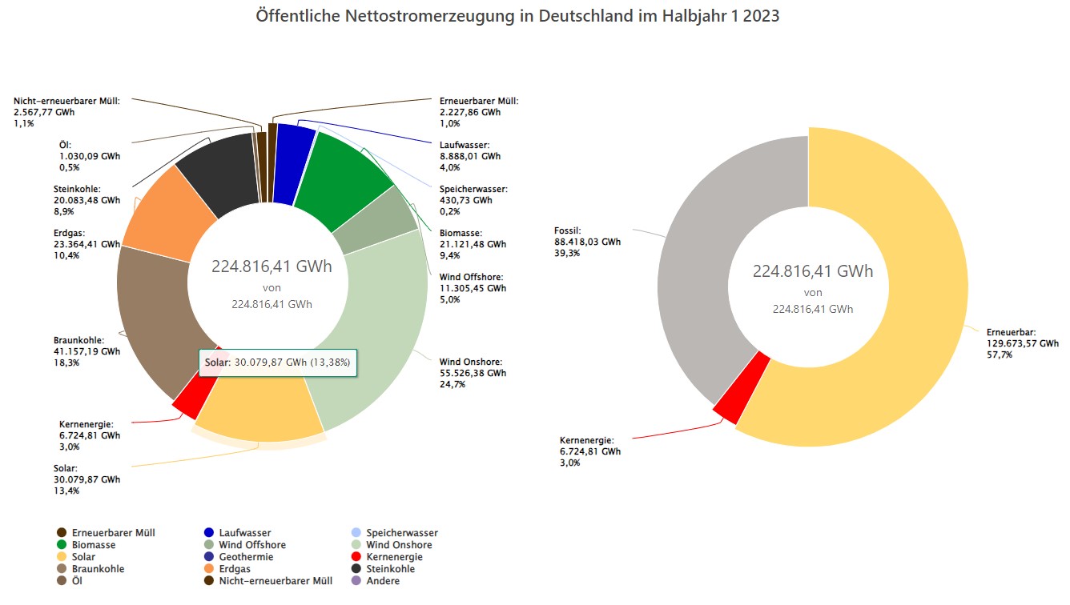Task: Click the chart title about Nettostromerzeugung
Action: [x=517, y=16]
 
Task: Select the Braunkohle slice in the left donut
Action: [x=152, y=320]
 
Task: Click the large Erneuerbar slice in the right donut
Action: [x=905, y=320]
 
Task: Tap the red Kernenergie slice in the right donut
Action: [x=741, y=389]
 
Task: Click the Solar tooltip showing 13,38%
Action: [x=277, y=363]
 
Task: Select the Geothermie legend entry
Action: [x=246, y=557]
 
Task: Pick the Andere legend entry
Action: [x=382, y=581]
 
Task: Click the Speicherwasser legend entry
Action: [x=400, y=533]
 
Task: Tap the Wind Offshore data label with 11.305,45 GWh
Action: [x=473, y=288]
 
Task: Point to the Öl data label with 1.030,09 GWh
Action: [x=90, y=156]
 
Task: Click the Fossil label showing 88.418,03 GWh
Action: [x=587, y=241]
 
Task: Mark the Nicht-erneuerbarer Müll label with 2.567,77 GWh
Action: [x=66, y=113]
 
